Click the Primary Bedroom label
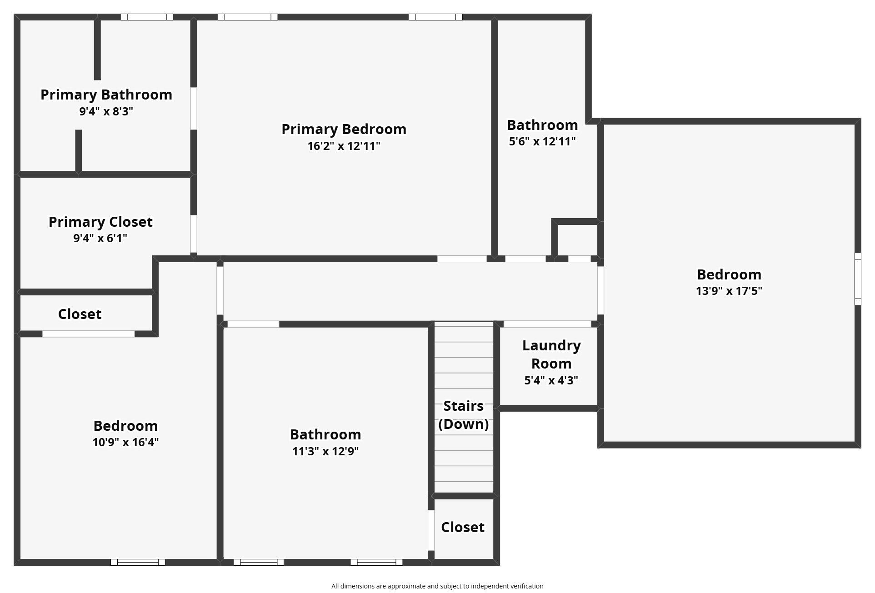tap(344, 129)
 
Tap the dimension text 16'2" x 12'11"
tap(344, 146)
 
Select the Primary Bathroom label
tap(106, 95)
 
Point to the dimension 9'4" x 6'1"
tap(100, 238)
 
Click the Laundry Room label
tap(551, 354)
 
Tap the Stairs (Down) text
tap(463, 415)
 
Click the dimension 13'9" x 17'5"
tap(729, 291)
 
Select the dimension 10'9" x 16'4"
tap(125, 442)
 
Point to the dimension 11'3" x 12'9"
tap(325, 451)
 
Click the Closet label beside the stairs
tap(462, 527)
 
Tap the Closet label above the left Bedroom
tap(80, 314)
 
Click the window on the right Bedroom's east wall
tap(858, 279)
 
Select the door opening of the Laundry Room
tap(547, 324)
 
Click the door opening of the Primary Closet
tap(194, 234)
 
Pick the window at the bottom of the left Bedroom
tap(138, 562)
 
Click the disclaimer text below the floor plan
tap(437, 586)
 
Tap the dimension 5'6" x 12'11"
tap(542, 141)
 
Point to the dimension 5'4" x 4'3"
tap(551, 380)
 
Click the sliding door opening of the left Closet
tap(89, 334)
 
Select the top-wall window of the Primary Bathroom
tap(147, 17)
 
